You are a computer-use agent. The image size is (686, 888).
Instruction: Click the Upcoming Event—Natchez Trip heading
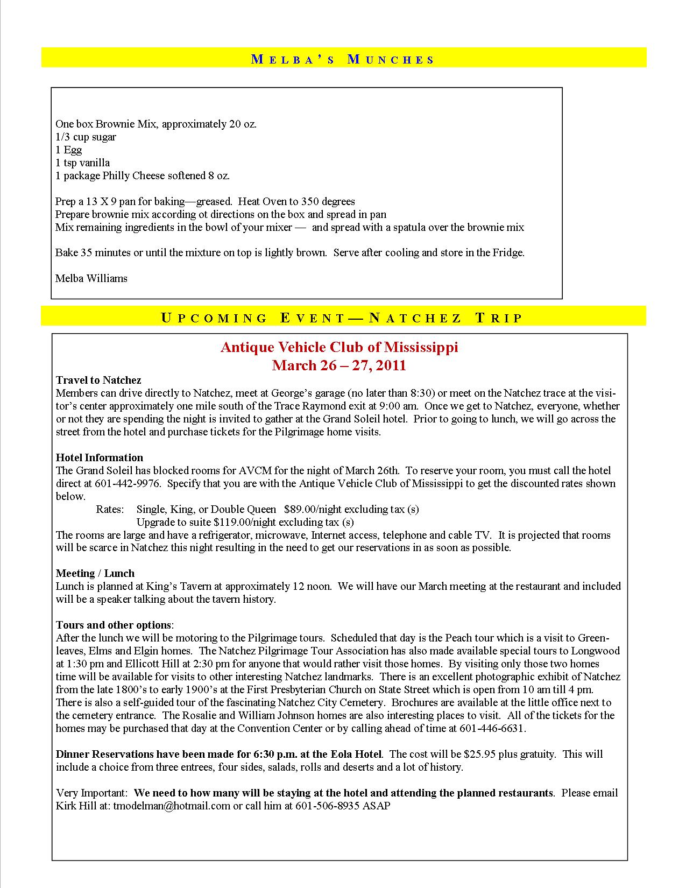[x=342, y=318]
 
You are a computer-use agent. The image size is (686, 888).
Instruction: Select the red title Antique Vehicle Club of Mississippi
[x=339, y=347]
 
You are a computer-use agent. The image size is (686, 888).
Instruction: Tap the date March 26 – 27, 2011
[x=339, y=366]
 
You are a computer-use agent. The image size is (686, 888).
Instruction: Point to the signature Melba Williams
[x=91, y=278]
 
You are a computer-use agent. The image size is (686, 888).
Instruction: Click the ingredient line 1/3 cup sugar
[x=86, y=137]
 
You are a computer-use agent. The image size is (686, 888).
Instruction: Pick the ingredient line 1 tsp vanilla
[x=82, y=163]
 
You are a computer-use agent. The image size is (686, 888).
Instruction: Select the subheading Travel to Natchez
[x=98, y=380]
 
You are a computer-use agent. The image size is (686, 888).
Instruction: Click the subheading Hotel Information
[x=100, y=457]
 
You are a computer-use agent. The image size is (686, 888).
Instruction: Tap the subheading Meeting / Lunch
[x=95, y=573]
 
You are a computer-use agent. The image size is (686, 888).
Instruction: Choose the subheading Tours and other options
[x=114, y=625]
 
